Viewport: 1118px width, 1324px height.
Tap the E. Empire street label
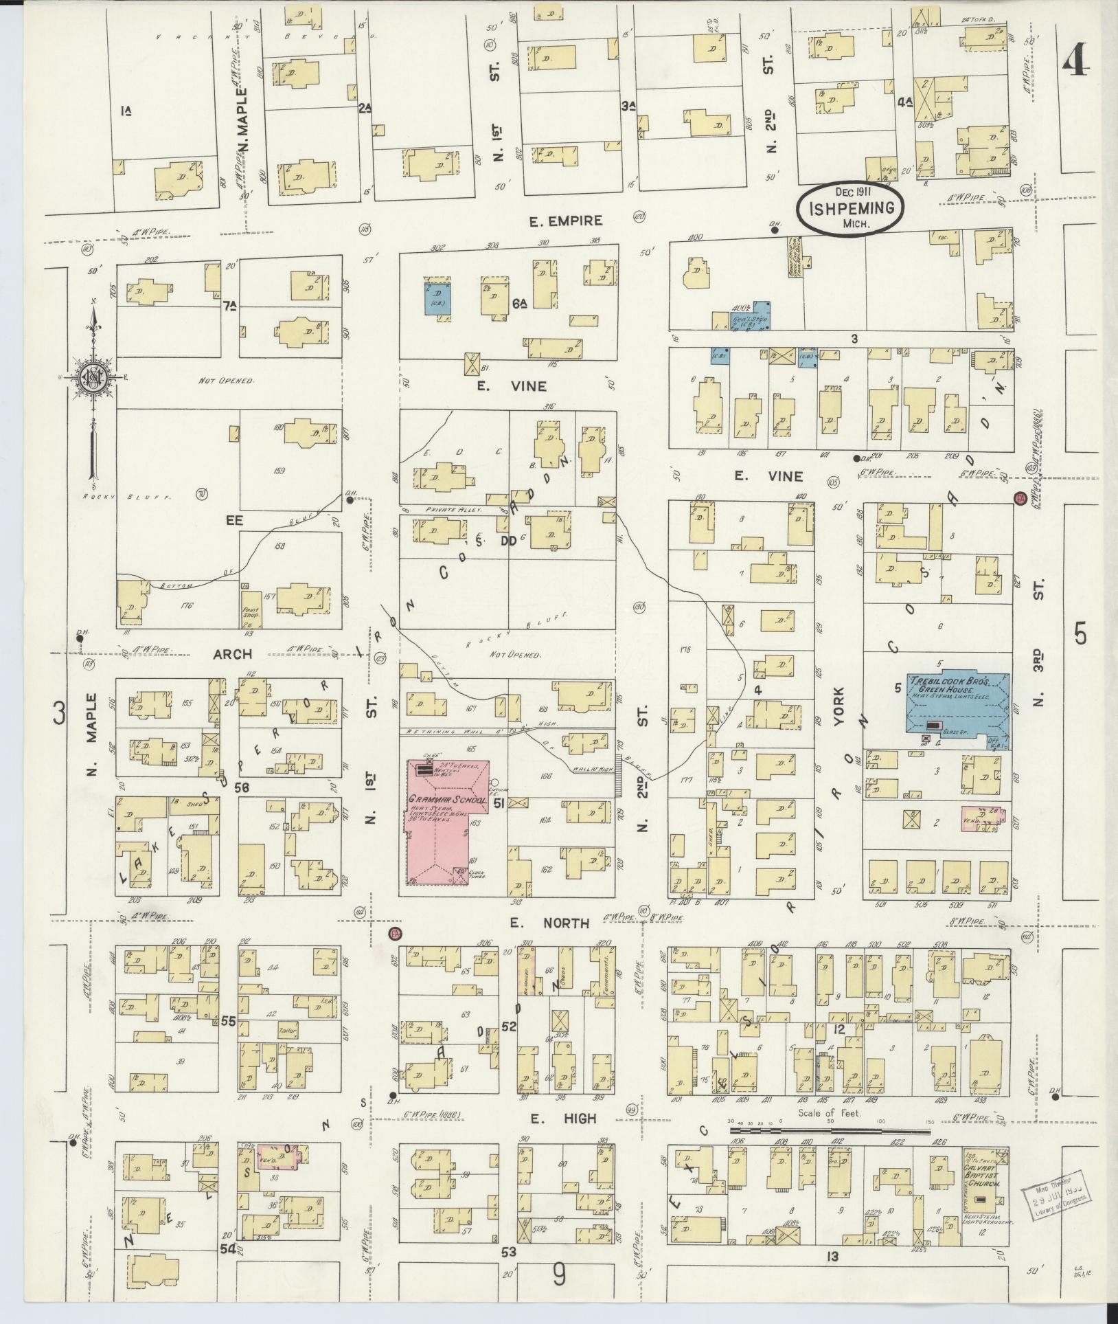[565, 221]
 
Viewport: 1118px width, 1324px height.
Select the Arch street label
[231, 653]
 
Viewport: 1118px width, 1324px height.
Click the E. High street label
[563, 1119]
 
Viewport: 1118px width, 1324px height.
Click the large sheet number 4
[1075, 65]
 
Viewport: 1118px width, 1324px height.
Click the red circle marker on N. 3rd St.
[1020, 498]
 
